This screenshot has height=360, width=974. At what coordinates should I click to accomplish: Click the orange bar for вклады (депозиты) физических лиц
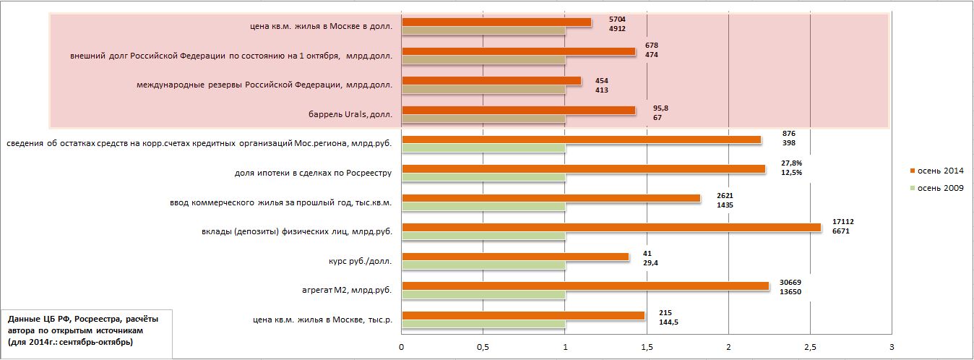(x=611, y=227)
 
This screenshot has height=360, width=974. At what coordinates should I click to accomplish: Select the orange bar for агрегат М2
(x=585, y=286)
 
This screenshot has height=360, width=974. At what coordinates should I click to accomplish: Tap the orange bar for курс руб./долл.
(x=514, y=257)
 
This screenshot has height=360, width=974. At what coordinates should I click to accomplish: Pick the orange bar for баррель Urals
(x=517, y=110)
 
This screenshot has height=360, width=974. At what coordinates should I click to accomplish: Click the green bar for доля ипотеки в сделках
(x=483, y=176)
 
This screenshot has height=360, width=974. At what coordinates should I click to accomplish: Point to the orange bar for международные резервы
(x=491, y=80)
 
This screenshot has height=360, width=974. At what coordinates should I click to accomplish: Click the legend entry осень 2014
(x=939, y=170)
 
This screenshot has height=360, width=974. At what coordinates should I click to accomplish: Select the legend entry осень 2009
(x=939, y=188)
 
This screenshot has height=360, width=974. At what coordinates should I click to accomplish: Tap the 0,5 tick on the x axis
(x=483, y=347)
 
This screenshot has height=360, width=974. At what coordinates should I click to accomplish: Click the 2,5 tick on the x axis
(x=810, y=347)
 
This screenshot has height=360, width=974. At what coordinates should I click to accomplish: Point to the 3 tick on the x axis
(x=892, y=347)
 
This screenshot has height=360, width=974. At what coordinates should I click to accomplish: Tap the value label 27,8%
(x=792, y=163)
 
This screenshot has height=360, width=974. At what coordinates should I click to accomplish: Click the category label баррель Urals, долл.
(x=349, y=114)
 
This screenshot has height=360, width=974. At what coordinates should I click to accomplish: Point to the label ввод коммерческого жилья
(x=275, y=202)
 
